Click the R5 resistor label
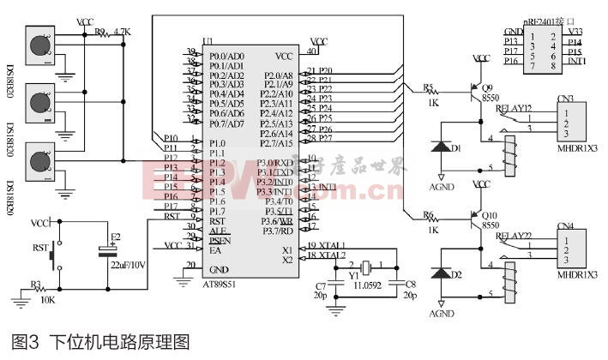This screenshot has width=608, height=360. point(428,87)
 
